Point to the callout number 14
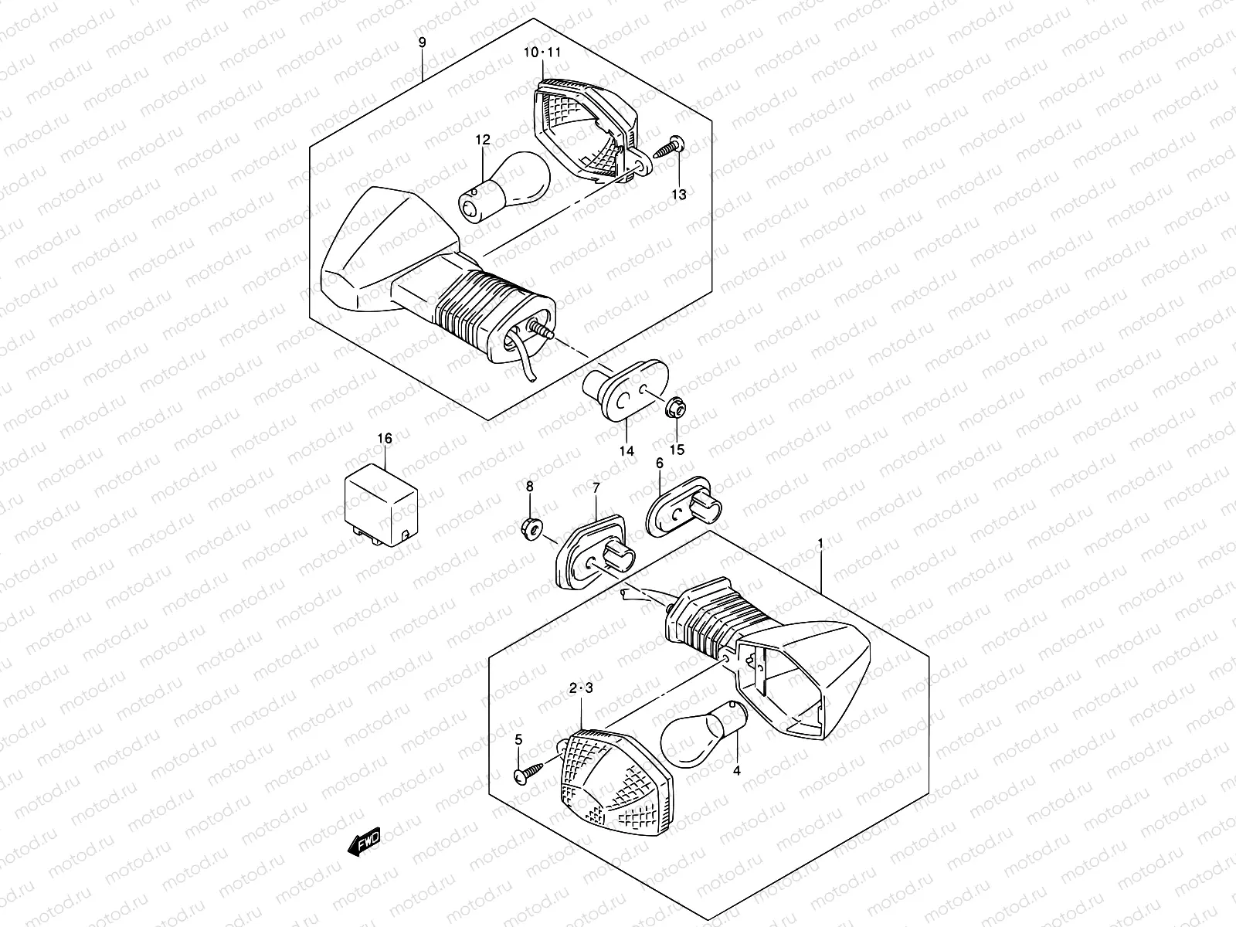click(x=626, y=450)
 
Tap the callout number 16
click(x=385, y=439)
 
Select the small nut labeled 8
click(x=529, y=528)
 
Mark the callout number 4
click(x=736, y=770)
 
